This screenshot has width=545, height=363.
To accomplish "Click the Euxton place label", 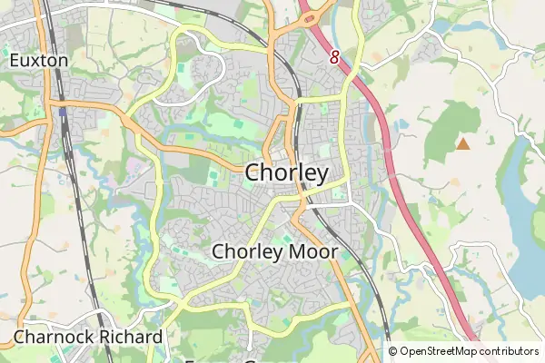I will pos(38,61).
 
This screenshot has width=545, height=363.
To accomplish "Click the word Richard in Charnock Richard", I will pos(133,338).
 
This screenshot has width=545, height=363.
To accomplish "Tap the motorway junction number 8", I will pos(334,57).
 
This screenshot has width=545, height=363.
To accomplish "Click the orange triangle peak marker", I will pos(463,143).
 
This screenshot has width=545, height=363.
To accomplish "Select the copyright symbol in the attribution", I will pos(393,351).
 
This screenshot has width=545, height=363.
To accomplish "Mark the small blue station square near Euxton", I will pos(64,113).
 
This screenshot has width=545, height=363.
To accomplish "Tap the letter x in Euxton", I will pos(35,61).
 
